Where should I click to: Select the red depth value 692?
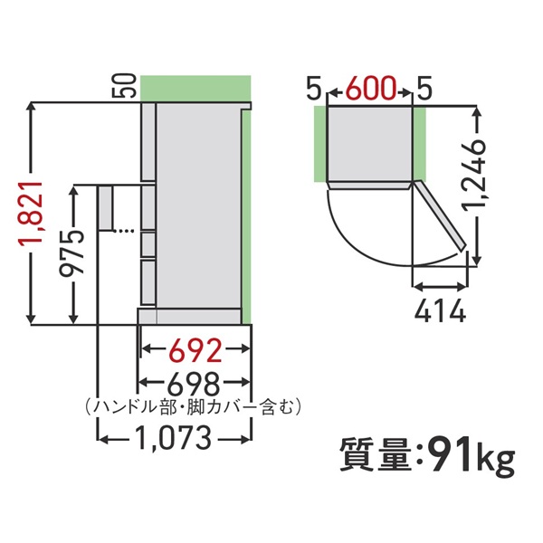[195, 348]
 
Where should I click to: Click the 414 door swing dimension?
[440, 313]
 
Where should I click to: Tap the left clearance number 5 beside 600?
[313, 89]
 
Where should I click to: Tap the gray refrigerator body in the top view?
[369, 142]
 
